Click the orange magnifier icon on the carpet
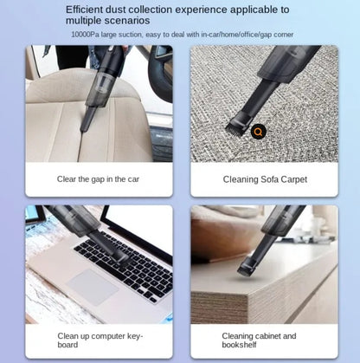[259, 132]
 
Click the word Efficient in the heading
[84, 10]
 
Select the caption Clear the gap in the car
[98, 179]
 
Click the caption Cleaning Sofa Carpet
[265, 179]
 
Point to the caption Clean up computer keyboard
[100, 340]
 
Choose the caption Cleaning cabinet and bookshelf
[259, 340]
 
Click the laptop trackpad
[93, 287]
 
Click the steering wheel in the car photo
[160, 72]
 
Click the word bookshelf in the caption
[239, 345]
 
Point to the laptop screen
[139, 224]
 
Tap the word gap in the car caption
[98, 180]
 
